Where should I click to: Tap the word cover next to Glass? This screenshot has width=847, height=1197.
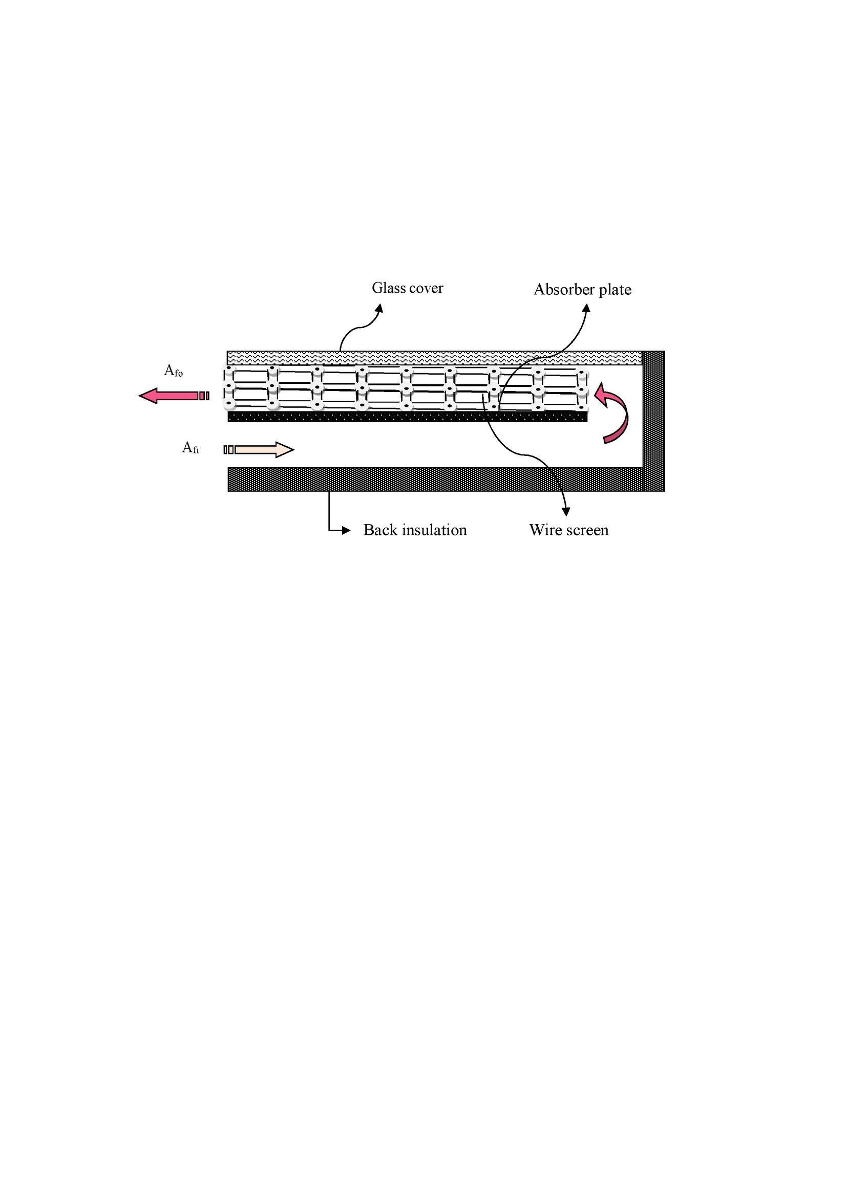coord(425,288)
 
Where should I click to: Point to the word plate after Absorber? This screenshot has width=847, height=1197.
coord(615,290)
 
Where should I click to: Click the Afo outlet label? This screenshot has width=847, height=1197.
coord(174,371)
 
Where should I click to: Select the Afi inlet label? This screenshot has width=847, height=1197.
coord(190,447)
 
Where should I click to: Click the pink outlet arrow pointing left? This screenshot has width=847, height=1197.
coord(174,396)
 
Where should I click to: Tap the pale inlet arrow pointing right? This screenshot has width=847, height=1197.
coord(259,449)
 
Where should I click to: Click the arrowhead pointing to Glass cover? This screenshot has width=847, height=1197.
coord(379,308)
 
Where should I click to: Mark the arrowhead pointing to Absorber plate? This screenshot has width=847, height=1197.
coord(587,308)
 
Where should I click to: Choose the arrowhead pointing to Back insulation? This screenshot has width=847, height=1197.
coord(346,531)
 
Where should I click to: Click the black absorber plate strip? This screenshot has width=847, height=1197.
coord(407,417)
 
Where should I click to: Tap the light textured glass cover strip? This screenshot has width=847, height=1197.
coord(434,358)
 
